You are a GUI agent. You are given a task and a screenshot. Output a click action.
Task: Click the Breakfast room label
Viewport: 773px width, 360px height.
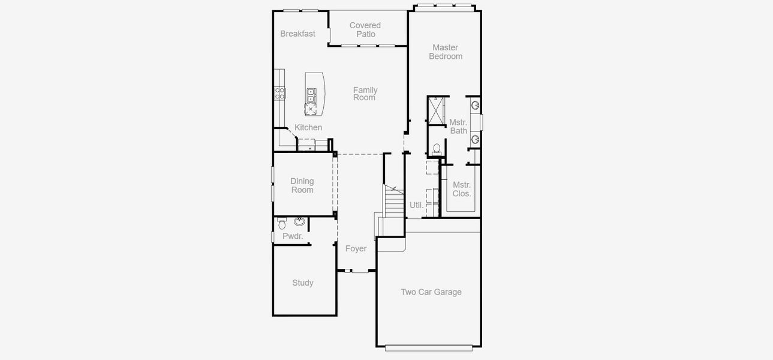click(297, 34)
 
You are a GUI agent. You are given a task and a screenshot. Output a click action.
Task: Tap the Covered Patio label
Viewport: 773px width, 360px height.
click(365, 29)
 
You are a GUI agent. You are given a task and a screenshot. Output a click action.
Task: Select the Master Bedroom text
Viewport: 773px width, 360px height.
click(446, 52)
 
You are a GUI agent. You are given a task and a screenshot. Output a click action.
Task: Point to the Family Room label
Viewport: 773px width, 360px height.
click(365, 94)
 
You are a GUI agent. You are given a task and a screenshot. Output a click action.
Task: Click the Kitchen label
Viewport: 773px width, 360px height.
click(308, 127)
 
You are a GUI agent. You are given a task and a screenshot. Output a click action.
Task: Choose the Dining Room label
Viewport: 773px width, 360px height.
click(302, 185)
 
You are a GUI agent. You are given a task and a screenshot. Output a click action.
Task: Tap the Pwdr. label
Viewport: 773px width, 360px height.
click(293, 236)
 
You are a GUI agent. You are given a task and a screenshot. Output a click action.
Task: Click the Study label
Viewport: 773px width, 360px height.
click(303, 283)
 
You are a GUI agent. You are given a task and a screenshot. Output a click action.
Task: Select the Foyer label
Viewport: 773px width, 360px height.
click(356, 248)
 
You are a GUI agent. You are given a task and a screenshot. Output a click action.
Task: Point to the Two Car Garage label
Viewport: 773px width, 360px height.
click(431, 292)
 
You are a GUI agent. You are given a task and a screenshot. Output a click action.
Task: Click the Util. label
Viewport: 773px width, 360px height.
click(416, 205)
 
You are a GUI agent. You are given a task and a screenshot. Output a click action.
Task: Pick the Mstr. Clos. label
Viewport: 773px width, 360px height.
click(462, 189)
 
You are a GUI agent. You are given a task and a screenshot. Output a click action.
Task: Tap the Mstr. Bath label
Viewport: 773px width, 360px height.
click(458, 127)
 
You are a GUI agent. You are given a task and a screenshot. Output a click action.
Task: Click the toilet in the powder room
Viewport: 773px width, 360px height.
click(282, 224)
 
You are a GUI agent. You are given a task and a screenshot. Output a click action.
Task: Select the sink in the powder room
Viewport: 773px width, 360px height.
click(299, 221)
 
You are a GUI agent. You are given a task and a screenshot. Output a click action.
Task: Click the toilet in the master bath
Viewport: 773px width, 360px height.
click(437, 149)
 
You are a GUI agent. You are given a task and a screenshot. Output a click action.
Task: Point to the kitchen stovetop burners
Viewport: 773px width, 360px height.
click(280, 93)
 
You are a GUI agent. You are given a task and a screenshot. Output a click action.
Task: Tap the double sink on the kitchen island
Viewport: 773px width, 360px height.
click(311, 95)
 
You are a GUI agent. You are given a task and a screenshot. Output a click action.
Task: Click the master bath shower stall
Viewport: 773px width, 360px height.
click(436, 110)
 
